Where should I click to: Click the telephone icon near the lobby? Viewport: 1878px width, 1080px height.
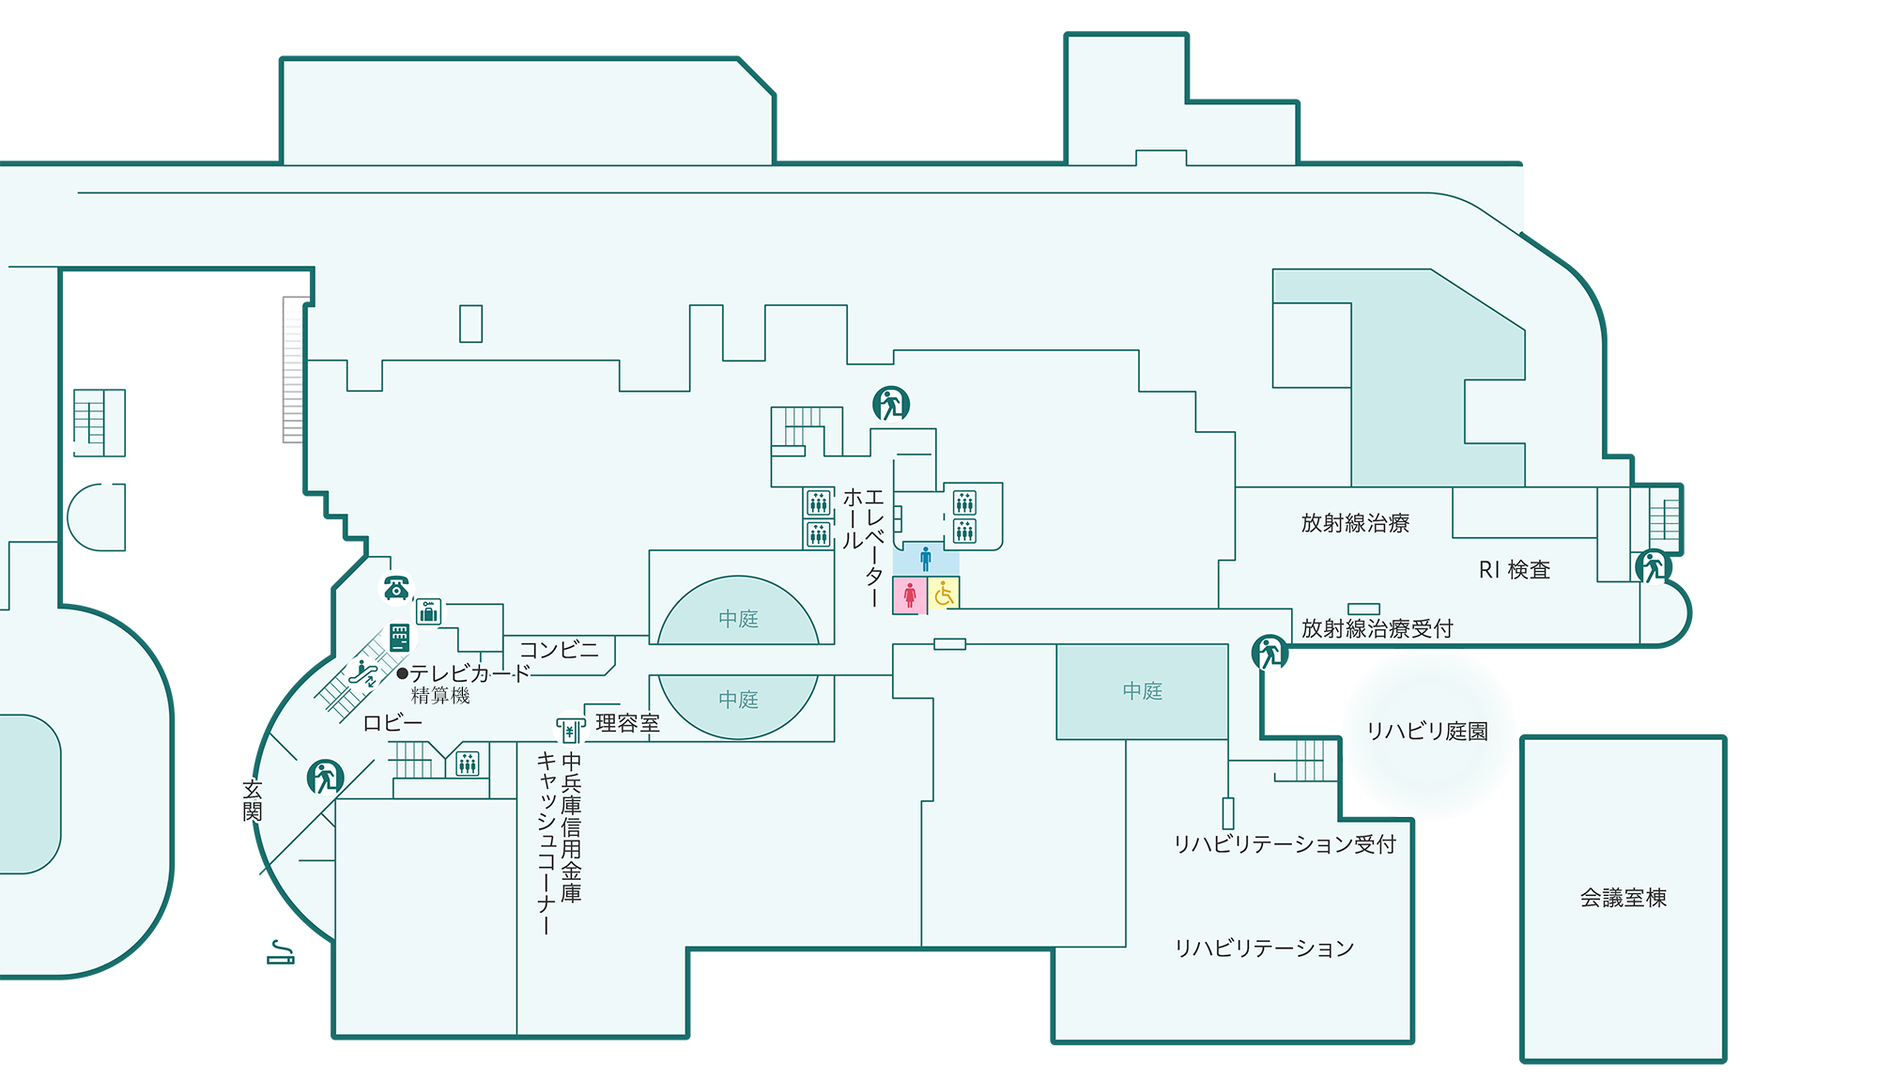[x=395, y=588]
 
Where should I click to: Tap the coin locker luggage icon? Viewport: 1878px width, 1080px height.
[x=429, y=612]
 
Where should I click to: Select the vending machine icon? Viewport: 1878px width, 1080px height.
[x=400, y=638]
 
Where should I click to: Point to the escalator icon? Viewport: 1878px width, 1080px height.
[x=362, y=672]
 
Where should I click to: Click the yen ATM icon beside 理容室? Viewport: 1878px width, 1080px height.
[x=569, y=730]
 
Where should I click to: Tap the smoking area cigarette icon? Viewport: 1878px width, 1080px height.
[x=280, y=955]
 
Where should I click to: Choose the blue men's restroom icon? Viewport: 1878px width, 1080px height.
[x=926, y=559]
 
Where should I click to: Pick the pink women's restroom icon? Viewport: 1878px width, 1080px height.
[x=909, y=594]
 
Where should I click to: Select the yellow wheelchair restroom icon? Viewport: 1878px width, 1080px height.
[x=944, y=594]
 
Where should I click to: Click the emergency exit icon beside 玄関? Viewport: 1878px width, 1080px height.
[x=325, y=777]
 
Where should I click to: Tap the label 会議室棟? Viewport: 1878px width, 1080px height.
[x=1623, y=898]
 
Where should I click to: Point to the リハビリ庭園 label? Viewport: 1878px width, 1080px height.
[x=1427, y=732]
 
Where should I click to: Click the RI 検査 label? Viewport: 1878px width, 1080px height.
[x=1514, y=570]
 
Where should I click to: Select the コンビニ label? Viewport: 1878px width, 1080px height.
[x=559, y=650]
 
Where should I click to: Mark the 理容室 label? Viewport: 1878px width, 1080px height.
[x=627, y=723]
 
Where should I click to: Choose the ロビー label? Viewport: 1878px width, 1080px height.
[x=393, y=723]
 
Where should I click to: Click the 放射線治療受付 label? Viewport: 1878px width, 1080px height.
[x=1377, y=628]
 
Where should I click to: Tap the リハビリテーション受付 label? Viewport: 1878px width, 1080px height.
[x=1284, y=844]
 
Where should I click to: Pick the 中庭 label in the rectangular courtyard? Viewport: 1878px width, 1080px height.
[x=1143, y=691]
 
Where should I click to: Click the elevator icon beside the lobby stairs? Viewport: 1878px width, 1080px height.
[x=468, y=764]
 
